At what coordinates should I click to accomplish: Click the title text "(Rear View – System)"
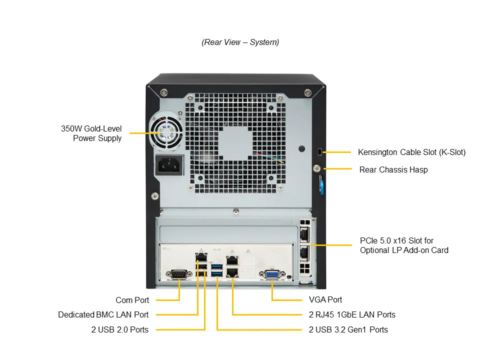pyautogui.click(x=240, y=42)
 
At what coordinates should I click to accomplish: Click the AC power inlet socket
pyautogui.click(x=169, y=164)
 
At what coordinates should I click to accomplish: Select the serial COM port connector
pyautogui.click(x=179, y=274)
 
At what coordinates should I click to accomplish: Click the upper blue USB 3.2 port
pyautogui.click(x=216, y=266)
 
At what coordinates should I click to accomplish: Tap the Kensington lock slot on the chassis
pyautogui.click(x=320, y=151)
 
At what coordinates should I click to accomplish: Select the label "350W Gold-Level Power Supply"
pyautogui.click(x=91, y=133)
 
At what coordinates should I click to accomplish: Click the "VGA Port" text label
pyautogui.click(x=325, y=299)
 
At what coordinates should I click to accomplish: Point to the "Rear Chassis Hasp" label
pyautogui.click(x=393, y=169)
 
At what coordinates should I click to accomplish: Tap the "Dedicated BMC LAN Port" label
pyautogui.click(x=103, y=314)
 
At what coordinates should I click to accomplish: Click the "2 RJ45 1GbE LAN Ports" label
pyautogui.click(x=352, y=314)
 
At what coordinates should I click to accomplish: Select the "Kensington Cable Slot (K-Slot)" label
pyautogui.click(x=411, y=152)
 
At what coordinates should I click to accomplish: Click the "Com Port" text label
pyautogui.click(x=132, y=300)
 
